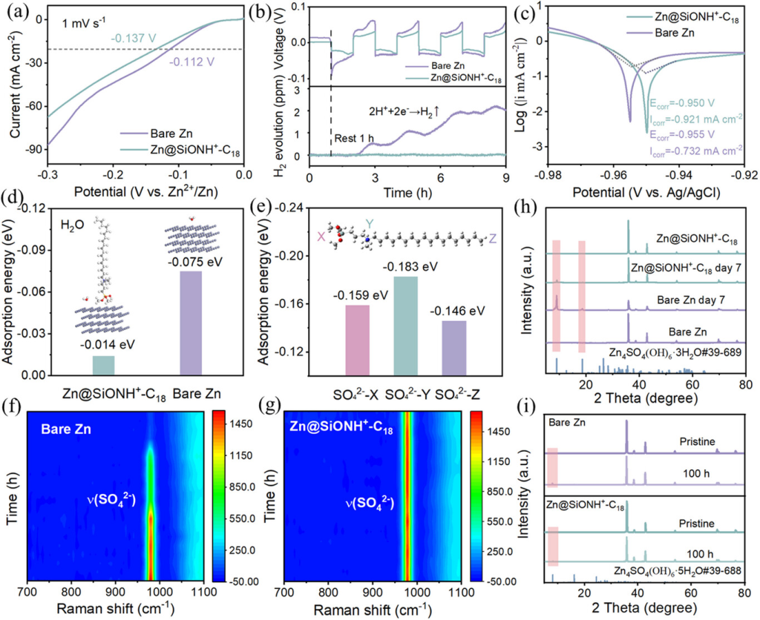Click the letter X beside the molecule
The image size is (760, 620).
[x=321, y=236]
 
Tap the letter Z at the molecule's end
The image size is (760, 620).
[x=492, y=239]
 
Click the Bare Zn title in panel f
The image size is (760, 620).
[x=67, y=429]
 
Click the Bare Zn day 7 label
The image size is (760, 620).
[x=680, y=302]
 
